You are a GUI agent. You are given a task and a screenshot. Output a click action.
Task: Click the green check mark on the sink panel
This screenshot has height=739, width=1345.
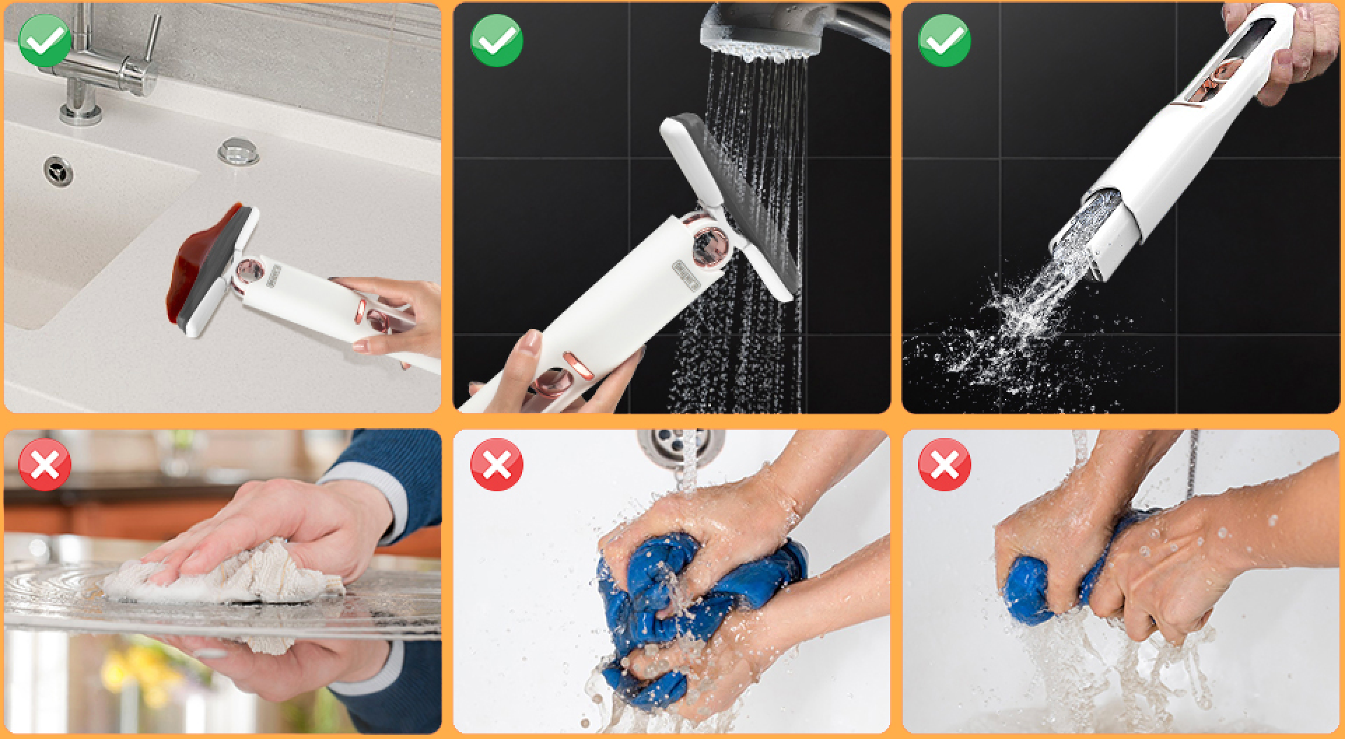(x=45, y=40)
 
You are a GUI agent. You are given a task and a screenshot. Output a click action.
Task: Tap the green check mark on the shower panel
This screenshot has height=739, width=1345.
(x=497, y=40)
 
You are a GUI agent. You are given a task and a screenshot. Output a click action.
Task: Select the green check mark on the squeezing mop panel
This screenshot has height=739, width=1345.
(x=944, y=40)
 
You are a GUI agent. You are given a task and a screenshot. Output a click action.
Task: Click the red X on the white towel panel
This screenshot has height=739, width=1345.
(x=45, y=465)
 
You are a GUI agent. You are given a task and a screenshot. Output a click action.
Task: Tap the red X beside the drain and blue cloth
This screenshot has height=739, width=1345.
(x=497, y=465)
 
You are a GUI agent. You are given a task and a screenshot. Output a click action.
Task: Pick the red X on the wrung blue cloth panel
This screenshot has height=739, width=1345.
(x=944, y=465)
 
